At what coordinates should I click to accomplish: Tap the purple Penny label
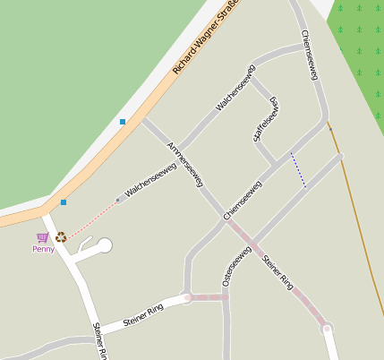coord(43,249)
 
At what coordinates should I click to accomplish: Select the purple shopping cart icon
coord(42,237)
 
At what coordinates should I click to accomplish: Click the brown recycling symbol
coord(61,237)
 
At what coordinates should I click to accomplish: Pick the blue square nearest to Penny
coord(64,202)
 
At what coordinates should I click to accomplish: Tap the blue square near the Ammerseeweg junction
coord(123,121)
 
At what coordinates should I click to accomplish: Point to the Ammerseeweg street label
coord(185,164)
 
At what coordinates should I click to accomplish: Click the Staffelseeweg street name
coord(266,119)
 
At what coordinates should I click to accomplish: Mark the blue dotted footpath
coord(298,169)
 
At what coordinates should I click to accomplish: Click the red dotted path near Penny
coord(93,219)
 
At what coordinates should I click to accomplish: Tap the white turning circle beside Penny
coord(105,244)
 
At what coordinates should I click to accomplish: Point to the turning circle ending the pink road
coord(327,330)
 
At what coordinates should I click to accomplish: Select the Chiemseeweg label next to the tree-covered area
coord(311,55)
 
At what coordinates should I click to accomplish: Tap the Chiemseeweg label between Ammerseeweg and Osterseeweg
coord(243,201)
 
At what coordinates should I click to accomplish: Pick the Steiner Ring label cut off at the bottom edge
coord(99,341)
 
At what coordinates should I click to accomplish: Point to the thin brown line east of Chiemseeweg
coord(358,224)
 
